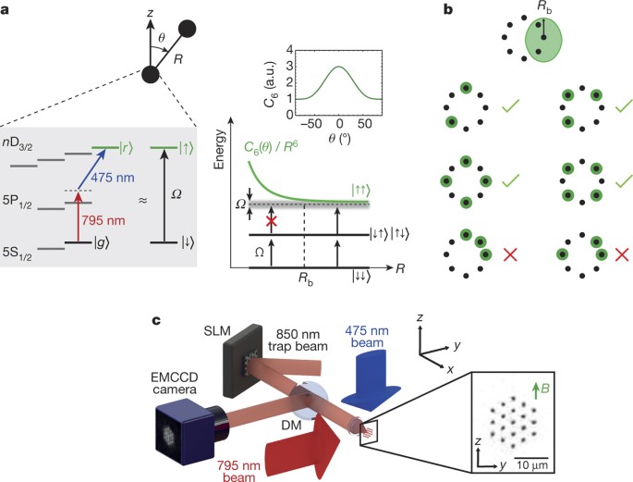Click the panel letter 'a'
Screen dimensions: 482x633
tap(8, 9)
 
